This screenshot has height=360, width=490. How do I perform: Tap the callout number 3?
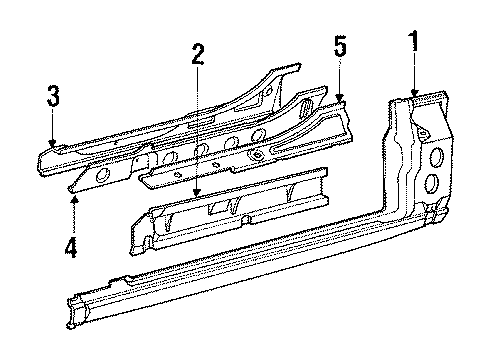(54, 97)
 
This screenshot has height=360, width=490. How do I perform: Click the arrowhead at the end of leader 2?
(198, 194)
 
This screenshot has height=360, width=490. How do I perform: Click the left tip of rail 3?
(41, 158)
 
